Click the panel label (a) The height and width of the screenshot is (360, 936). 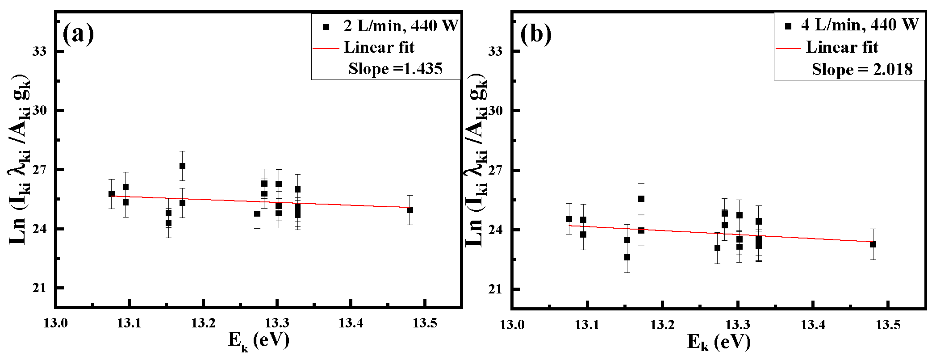78,33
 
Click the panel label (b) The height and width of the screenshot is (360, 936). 536,34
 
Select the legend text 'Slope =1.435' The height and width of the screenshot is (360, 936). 395,69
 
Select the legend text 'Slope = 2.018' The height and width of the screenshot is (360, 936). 862,70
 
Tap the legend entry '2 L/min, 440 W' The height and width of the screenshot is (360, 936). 400,26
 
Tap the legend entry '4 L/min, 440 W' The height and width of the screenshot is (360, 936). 860,25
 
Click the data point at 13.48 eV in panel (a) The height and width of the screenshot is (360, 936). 410,210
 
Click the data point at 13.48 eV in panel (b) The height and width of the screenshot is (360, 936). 873,244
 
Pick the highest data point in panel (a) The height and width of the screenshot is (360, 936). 182,166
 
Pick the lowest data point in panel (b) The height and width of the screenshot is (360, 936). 627,257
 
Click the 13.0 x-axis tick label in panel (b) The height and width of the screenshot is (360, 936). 512,325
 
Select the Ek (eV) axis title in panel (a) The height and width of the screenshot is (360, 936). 259,341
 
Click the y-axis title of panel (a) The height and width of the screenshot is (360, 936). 20,161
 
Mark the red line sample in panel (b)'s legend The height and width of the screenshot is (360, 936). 788,48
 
